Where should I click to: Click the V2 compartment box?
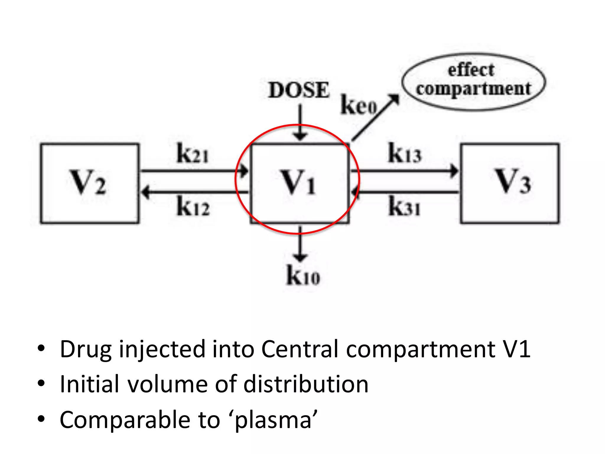coord(90,183)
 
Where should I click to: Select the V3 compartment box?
coord(510,183)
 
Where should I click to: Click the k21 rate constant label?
coord(193,154)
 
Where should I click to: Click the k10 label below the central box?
coord(303,275)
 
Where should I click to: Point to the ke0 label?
coord(359,106)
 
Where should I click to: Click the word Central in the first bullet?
coord(300,349)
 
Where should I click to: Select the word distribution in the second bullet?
coord(306,384)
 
